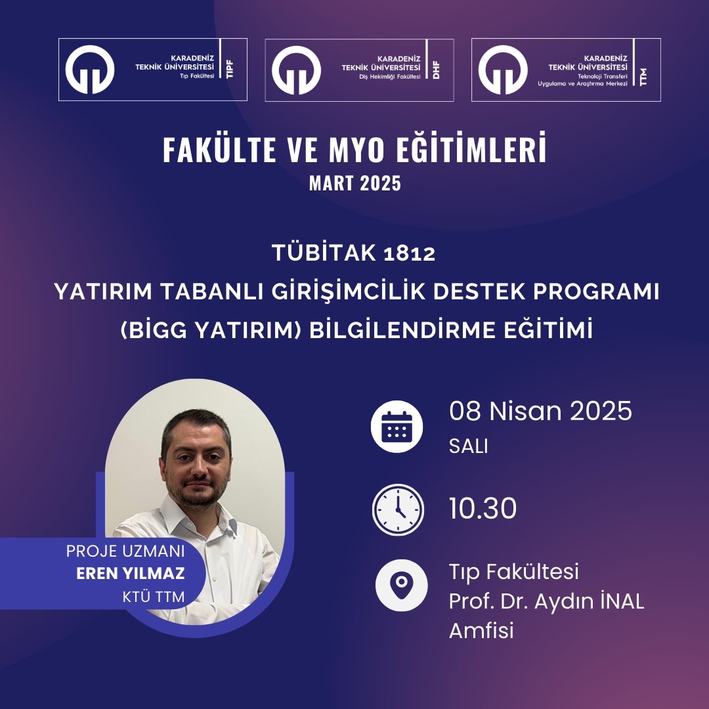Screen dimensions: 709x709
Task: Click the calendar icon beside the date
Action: click(x=397, y=427)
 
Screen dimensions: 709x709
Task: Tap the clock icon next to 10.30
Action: click(x=398, y=509)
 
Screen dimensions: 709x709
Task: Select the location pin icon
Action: click(x=401, y=585)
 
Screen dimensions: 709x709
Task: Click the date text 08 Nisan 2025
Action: click(x=540, y=411)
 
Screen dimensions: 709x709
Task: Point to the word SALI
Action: click(x=469, y=446)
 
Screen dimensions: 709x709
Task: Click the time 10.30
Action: click(x=483, y=508)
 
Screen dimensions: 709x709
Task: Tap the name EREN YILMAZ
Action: click(x=130, y=573)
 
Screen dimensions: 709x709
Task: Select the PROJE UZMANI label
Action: click(x=125, y=551)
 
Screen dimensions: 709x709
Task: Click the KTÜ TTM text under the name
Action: click(x=153, y=597)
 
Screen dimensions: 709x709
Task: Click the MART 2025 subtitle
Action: click(x=355, y=183)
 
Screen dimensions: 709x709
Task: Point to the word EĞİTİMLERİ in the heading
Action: click(x=471, y=148)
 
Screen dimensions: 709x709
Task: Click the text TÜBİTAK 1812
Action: click(x=354, y=252)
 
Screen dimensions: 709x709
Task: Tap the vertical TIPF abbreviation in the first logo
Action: click(x=230, y=69)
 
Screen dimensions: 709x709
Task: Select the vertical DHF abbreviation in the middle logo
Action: click(x=437, y=70)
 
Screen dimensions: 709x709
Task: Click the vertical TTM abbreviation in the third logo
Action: click(x=643, y=77)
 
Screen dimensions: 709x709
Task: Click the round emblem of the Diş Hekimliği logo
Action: click(x=296, y=70)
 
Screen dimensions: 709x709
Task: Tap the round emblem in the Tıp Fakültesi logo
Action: click(x=89, y=69)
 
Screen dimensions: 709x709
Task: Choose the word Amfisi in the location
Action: click(x=481, y=630)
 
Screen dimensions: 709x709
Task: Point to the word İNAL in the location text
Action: click(x=621, y=601)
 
